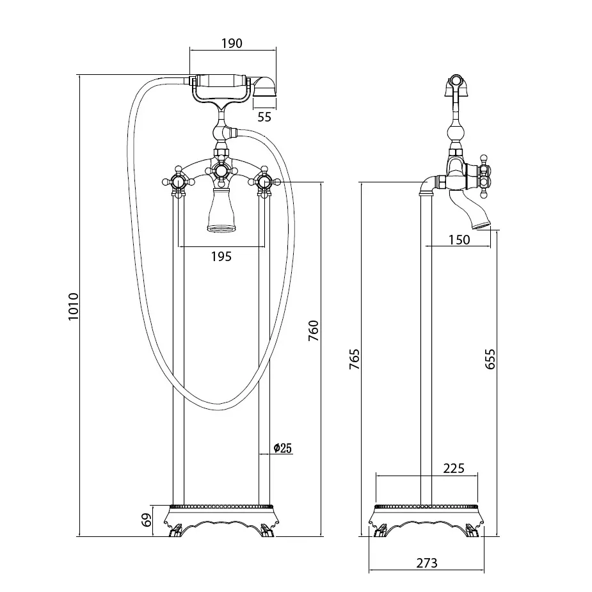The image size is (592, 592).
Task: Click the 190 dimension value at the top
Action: [x=232, y=43]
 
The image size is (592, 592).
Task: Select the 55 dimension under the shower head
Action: [x=264, y=116]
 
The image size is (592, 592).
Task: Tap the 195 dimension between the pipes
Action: [x=221, y=257]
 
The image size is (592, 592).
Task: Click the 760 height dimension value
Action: [x=313, y=331]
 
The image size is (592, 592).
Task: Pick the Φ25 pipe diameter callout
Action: [x=282, y=448]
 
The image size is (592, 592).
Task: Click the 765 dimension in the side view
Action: [x=354, y=360]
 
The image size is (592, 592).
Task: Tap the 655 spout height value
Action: [x=490, y=360]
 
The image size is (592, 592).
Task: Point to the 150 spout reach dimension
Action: [x=459, y=239]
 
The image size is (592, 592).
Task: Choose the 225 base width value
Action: [x=453, y=468]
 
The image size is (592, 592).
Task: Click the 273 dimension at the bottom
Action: [x=426, y=563]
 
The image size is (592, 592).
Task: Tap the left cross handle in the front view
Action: [x=179, y=183]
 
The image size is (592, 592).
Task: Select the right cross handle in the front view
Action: [x=263, y=183]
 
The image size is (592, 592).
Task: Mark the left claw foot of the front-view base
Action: [x=175, y=531]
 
